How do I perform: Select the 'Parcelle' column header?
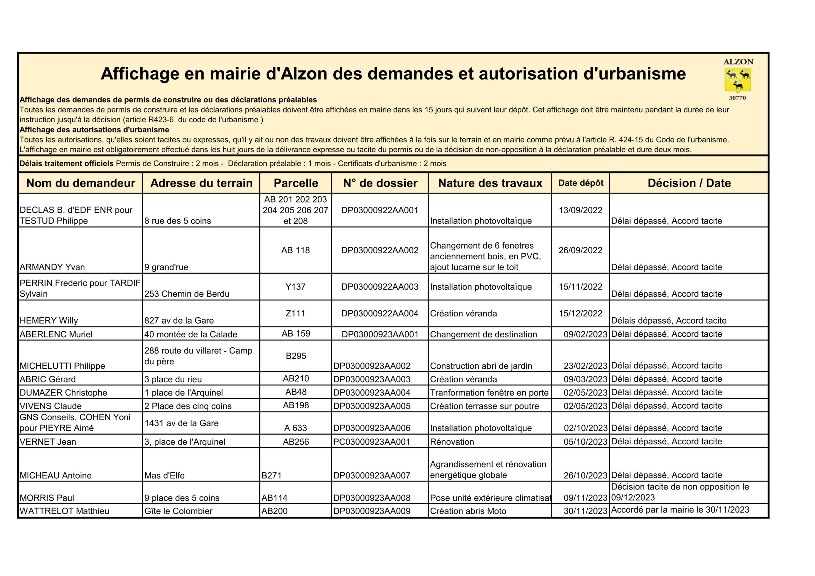(x=296, y=183)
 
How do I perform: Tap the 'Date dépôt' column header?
(x=580, y=183)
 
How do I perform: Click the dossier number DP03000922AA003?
(x=379, y=287)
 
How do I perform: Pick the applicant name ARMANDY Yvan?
(x=52, y=267)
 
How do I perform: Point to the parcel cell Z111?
(x=295, y=313)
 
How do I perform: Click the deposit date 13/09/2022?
(x=580, y=210)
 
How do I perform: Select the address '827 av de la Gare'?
(x=179, y=320)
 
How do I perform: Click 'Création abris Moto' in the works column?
(x=468, y=511)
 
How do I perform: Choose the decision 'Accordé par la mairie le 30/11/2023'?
(x=680, y=510)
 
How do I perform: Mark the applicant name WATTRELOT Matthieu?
(x=64, y=511)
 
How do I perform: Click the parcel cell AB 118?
(x=295, y=250)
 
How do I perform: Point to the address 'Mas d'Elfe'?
(x=164, y=475)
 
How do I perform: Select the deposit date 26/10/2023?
(x=585, y=475)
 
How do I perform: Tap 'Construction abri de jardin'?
(x=481, y=366)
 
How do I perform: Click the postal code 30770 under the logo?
(x=737, y=98)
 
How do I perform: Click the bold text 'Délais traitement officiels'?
(x=67, y=164)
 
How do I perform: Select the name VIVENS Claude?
(x=50, y=406)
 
